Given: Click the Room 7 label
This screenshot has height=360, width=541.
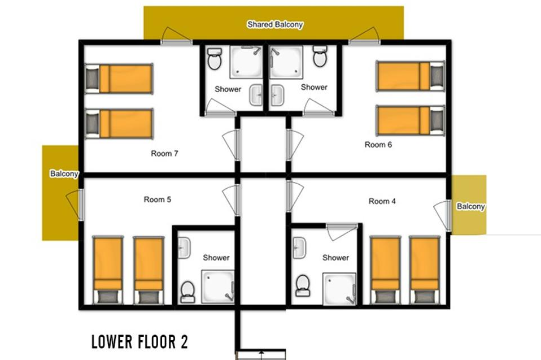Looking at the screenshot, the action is pyautogui.click(x=164, y=153).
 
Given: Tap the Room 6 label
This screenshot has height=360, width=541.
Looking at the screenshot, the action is pyautogui.click(x=378, y=145).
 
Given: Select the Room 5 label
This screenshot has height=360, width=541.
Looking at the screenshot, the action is pyautogui.click(x=158, y=199).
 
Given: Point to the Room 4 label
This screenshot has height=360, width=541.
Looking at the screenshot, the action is pyautogui.click(x=382, y=201).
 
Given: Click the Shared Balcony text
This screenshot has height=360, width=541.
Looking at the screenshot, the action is pyautogui.click(x=275, y=24).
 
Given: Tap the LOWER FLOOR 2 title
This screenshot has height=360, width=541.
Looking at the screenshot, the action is pyautogui.click(x=139, y=342).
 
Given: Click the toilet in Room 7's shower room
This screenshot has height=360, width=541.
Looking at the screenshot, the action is pyautogui.click(x=214, y=58).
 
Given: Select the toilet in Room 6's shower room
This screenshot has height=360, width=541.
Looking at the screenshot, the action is pyautogui.click(x=320, y=56).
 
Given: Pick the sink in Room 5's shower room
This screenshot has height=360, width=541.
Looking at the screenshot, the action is pyautogui.click(x=184, y=248).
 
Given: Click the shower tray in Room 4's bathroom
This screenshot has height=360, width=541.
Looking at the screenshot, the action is pyautogui.click(x=339, y=289).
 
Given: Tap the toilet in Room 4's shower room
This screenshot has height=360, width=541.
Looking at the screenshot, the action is pyautogui.click(x=303, y=285).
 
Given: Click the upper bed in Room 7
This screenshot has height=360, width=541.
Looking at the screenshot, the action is pyautogui.click(x=119, y=79).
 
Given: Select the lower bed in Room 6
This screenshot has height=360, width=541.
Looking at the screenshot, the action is pyautogui.click(x=410, y=120).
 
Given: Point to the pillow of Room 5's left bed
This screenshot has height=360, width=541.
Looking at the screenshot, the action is pyautogui.click(x=108, y=297).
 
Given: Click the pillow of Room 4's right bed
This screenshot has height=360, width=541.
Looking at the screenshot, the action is pyautogui.click(x=425, y=297).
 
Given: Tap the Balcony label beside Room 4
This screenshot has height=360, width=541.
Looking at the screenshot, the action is pyautogui.click(x=471, y=206).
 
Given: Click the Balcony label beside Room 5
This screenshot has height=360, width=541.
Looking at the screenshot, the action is pyautogui.click(x=64, y=174).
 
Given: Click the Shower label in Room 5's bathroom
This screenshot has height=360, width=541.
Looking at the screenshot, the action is pyautogui.click(x=216, y=258).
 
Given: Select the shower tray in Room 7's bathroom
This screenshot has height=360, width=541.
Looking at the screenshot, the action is pyautogui.click(x=247, y=62).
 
